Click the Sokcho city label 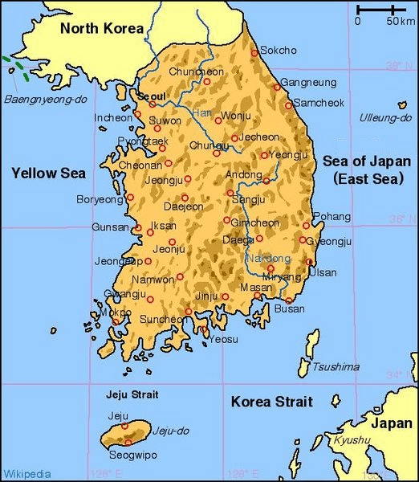[278, 51]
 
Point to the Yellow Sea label [48, 172]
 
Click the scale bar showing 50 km [381, 10]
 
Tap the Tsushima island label [336, 367]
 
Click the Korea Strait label [271, 402]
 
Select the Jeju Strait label [132, 394]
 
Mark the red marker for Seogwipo [126, 443]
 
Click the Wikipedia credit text [26, 473]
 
